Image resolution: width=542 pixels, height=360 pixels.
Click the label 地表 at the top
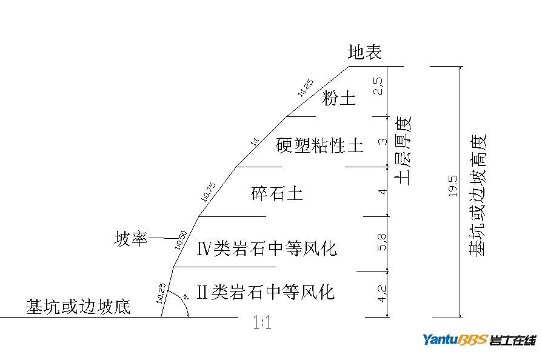365,53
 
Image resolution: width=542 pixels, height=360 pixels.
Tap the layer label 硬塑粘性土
320,145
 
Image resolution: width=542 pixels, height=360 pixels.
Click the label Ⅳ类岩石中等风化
267,248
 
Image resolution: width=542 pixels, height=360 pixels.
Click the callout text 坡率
131,239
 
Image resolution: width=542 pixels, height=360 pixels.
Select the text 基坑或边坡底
78,307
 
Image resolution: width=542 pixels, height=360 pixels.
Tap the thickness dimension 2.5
379,86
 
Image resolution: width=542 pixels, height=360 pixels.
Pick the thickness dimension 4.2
382,295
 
